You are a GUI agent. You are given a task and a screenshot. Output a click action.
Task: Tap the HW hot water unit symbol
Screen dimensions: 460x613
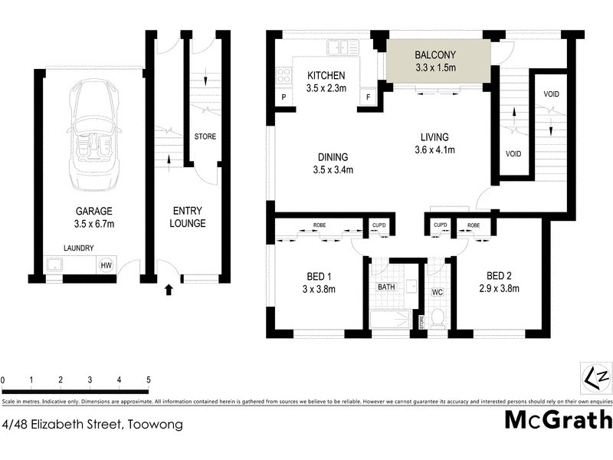pos(105,265)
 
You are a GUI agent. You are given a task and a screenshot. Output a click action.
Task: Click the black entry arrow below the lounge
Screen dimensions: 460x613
pos(169,289)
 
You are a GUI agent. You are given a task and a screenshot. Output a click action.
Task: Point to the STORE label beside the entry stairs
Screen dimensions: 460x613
pos(205,137)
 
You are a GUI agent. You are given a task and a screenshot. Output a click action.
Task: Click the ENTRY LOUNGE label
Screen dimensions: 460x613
pos(188,217)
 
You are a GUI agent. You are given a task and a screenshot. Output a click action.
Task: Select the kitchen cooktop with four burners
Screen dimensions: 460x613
pos(284,75)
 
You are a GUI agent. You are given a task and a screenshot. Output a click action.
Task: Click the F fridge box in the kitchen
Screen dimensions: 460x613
pos(369,97)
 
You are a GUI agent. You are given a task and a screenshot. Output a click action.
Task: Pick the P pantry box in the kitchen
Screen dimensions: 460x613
pos(284,97)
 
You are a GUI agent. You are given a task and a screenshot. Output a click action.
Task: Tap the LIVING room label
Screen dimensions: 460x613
pos(434,137)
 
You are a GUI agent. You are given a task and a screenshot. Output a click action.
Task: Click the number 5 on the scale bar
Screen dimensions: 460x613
pos(148,379)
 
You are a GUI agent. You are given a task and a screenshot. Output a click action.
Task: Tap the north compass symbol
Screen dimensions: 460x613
pos(595,378)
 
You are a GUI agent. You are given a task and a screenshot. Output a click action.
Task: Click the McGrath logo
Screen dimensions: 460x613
pos(559,419)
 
